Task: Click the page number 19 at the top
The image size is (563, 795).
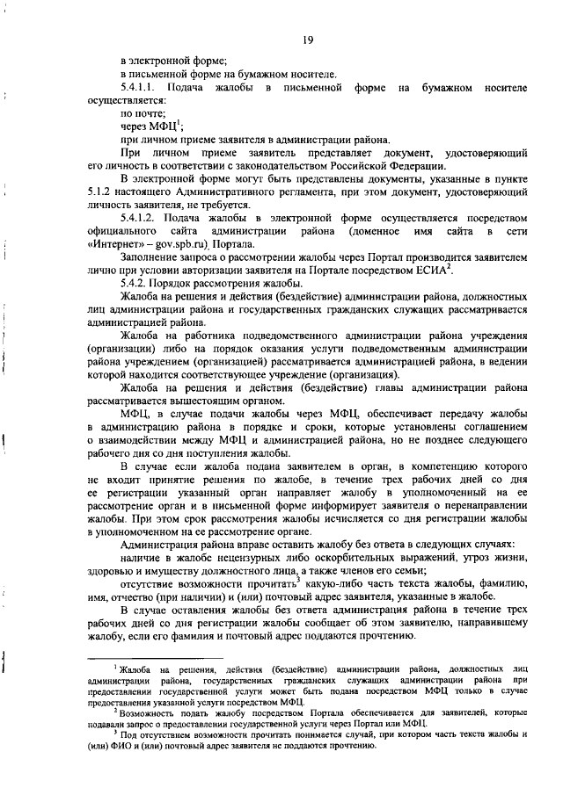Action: click(x=308, y=39)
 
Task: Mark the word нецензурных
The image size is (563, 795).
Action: click(x=249, y=558)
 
